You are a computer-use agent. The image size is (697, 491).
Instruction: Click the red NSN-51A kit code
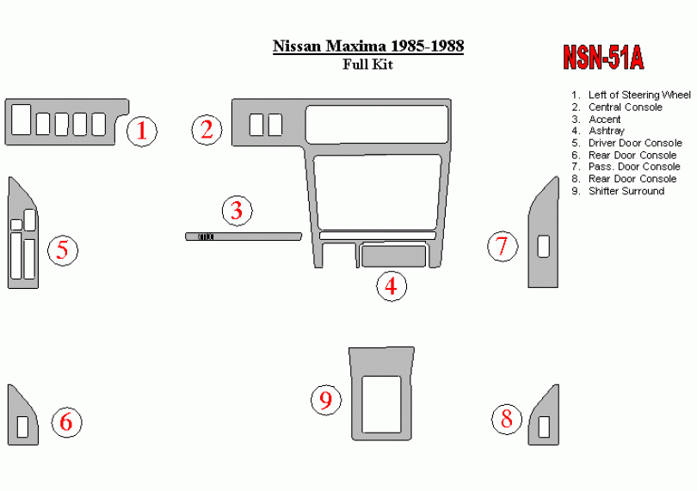coord(603,58)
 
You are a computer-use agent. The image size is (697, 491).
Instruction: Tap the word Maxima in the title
coord(356,46)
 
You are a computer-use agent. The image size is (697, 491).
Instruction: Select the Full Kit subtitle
coord(367,64)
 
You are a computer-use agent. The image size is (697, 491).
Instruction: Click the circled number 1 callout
coord(142,131)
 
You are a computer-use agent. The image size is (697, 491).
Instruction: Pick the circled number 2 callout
coord(207,130)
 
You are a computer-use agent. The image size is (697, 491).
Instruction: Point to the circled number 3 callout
coord(237,210)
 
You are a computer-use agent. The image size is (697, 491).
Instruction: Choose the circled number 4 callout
coord(392,285)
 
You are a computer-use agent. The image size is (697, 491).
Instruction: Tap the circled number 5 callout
coord(63,250)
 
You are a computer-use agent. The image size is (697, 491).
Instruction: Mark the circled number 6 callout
coord(66,422)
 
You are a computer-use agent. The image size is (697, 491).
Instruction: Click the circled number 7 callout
coord(503,246)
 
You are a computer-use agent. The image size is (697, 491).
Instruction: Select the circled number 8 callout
coord(507,419)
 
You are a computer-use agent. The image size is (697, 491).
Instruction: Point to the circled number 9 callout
coord(326,400)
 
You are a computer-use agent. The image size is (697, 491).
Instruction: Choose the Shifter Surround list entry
coord(618,191)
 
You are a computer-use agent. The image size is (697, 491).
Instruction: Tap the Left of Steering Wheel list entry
coord(631,95)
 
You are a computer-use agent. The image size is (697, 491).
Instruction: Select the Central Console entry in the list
coord(616,107)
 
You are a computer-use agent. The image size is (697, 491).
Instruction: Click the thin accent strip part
coord(244,236)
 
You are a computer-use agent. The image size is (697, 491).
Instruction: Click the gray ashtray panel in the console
coord(393,256)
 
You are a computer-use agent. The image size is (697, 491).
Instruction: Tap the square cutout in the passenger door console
coord(543,247)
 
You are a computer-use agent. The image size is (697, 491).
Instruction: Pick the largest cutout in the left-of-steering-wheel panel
coord(21,120)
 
